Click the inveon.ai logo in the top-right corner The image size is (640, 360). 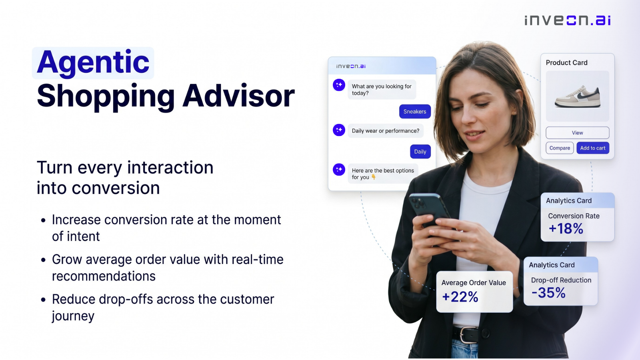568,20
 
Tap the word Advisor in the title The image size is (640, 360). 238,96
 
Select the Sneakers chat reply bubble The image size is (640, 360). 415,112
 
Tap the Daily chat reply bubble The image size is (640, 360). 420,152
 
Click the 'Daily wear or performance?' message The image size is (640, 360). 386,131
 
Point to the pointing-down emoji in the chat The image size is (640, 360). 374,177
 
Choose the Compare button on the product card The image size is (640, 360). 560,148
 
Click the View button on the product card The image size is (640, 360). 578,132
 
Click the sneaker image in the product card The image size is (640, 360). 578,96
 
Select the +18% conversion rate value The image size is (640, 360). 566,228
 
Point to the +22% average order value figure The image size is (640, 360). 460,296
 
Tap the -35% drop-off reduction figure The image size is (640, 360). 548,292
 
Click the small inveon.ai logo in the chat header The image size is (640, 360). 351,66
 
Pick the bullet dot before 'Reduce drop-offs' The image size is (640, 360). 44,300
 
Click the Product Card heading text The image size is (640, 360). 566,62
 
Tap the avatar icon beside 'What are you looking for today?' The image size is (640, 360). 339,85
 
